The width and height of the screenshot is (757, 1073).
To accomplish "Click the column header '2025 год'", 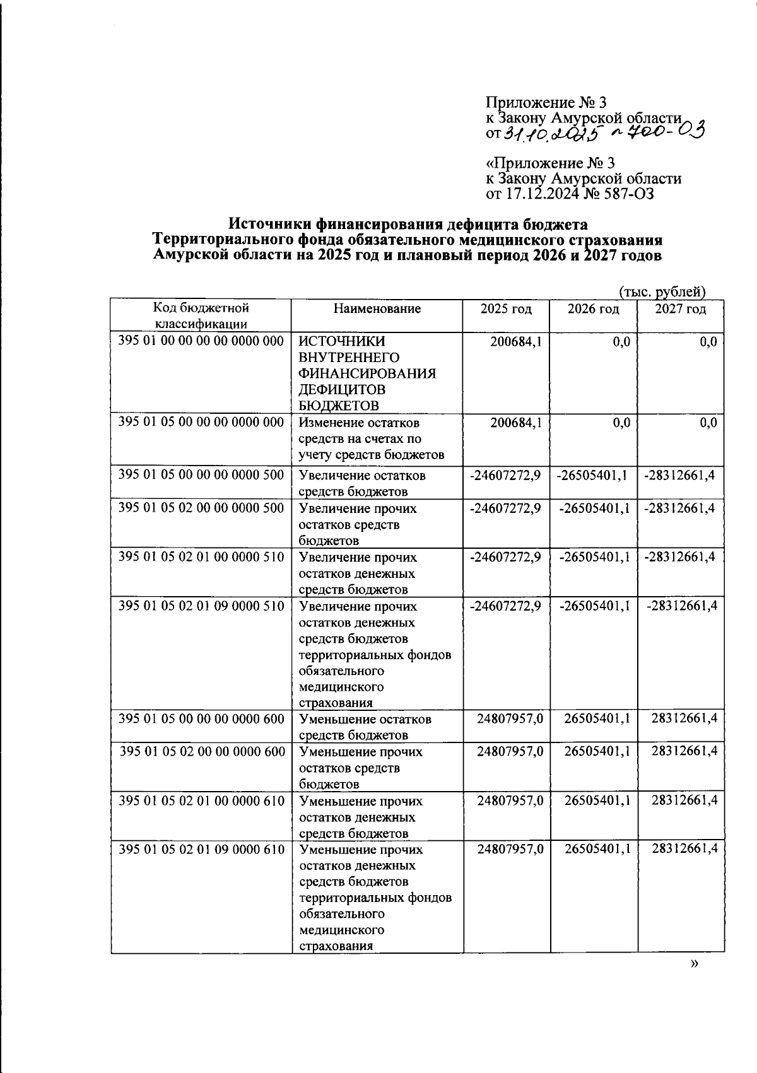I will (x=506, y=309).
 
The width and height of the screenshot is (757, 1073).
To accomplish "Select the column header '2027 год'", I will (x=680, y=309).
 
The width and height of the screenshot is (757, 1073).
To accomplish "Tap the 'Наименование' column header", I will (x=377, y=309).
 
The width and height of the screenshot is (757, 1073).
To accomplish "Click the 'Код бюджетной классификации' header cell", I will (x=201, y=316).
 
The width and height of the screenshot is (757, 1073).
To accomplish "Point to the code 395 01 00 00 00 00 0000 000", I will (x=201, y=341).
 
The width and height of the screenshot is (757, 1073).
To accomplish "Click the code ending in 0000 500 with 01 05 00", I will (x=201, y=474).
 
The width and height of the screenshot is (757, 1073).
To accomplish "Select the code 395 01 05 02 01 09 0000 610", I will (x=201, y=849).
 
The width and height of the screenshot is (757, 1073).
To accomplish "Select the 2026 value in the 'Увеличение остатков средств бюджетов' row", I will (x=592, y=474).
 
